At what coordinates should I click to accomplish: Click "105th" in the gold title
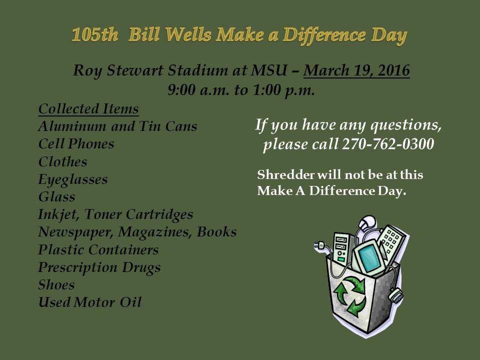(95, 34)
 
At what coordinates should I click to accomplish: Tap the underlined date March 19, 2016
(356, 70)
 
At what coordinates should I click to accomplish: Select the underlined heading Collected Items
(88, 109)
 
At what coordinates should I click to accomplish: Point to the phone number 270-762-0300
(388, 143)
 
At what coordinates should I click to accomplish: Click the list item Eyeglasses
(73, 179)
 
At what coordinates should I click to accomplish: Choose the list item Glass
(56, 196)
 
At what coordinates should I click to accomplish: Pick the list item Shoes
(56, 284)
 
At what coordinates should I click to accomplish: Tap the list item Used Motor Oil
(90, 302)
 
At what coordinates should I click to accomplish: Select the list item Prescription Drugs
(99, 267)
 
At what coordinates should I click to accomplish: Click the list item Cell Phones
(76, 144)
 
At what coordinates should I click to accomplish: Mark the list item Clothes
(63, 161)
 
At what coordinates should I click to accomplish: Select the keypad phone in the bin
(391, 242)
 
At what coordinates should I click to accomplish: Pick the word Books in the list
(216, 231)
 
